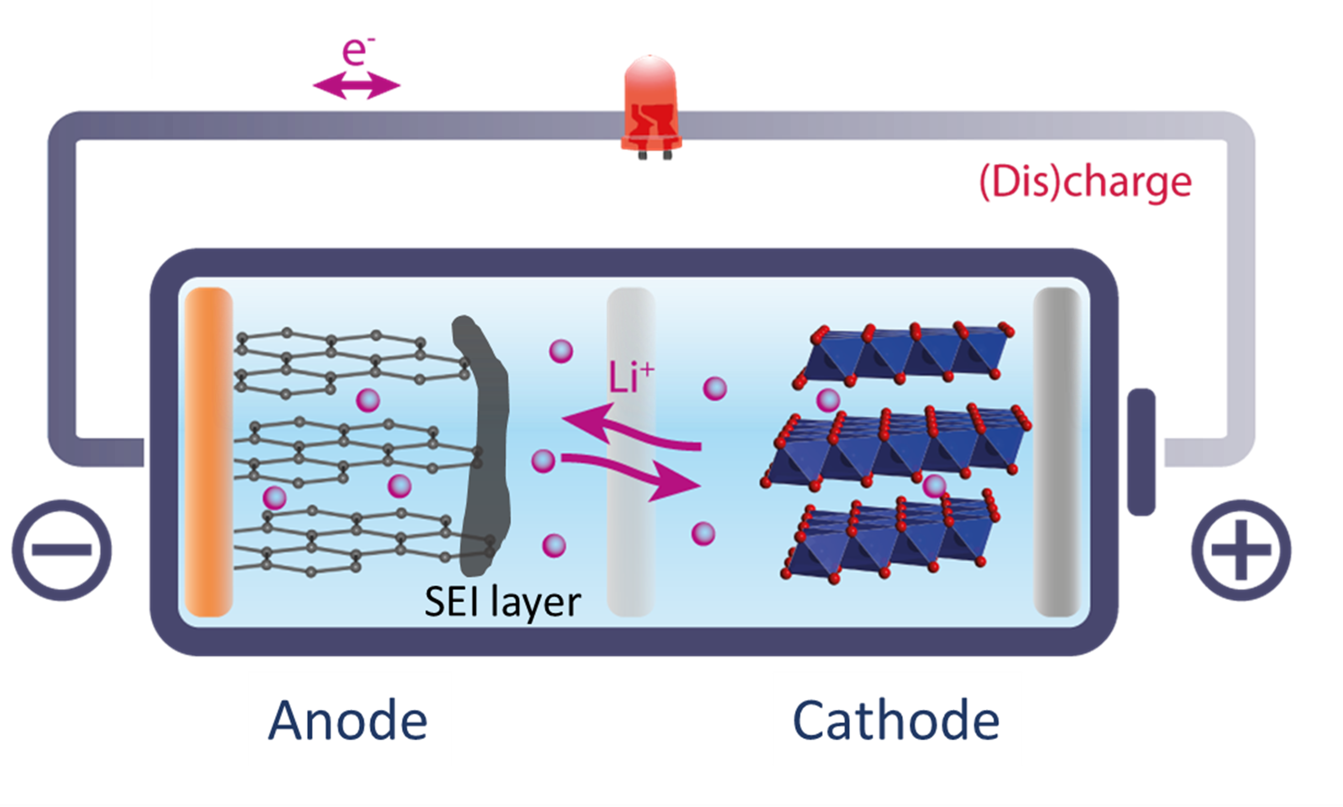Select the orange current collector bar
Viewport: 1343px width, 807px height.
click(209, 451)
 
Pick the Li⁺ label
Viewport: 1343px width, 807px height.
click(631, 376)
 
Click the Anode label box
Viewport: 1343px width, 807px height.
click(350, 719)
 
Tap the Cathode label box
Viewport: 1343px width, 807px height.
click(897, 719)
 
